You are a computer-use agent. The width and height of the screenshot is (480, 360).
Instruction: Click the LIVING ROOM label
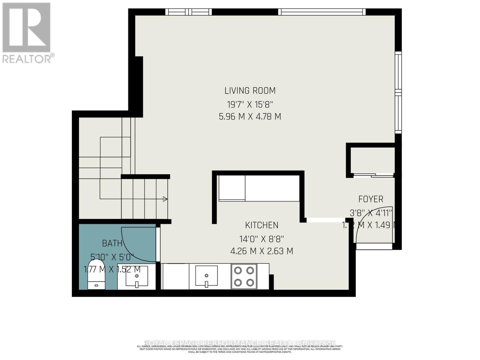250,91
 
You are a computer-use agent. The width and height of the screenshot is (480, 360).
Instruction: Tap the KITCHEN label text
262,225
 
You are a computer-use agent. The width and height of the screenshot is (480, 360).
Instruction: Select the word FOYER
371,199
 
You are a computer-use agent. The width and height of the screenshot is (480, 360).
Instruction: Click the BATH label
112,243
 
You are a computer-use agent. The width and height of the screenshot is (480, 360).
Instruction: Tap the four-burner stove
244,276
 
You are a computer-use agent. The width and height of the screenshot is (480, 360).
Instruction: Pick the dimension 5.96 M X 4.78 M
250,117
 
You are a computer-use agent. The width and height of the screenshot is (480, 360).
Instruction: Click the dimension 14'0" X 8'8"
262,239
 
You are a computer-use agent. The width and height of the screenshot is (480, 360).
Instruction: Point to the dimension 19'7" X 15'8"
250,105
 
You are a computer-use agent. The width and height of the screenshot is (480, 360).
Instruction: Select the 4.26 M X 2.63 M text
262,251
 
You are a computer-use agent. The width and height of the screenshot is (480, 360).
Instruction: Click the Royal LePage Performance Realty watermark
240,343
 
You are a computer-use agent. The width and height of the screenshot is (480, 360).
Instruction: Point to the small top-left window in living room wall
188,12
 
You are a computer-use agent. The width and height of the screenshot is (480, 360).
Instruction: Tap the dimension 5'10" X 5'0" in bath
112,257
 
